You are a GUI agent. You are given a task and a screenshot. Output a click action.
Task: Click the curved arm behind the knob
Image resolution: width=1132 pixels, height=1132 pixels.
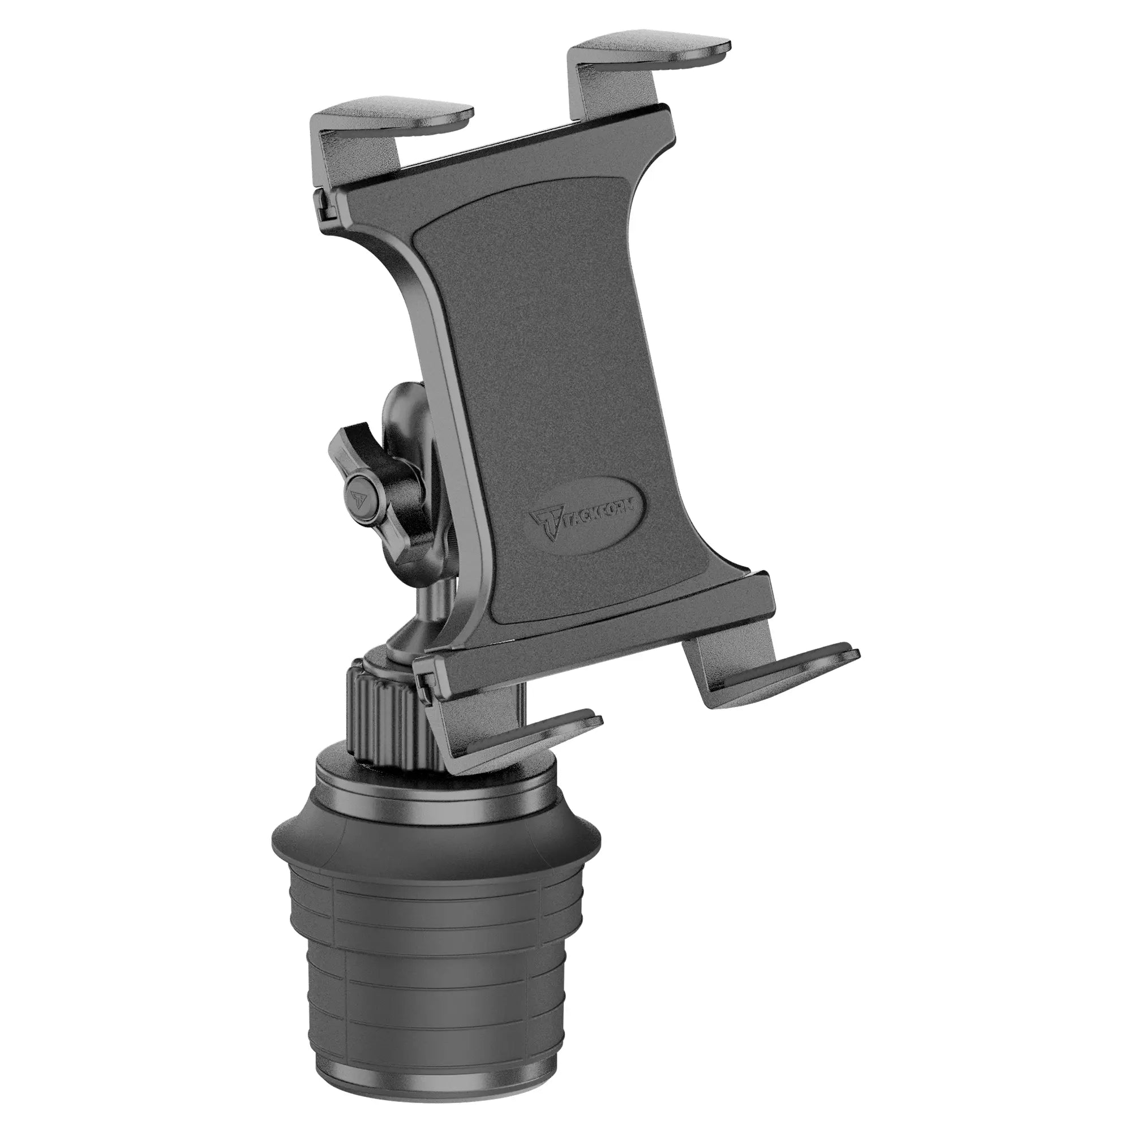point(404,410)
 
